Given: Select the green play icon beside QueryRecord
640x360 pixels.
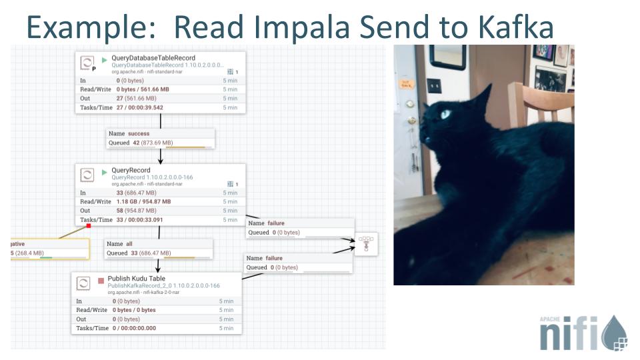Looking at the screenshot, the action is click(x=104, y=171).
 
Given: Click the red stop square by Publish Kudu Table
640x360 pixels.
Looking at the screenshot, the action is click(x=101, y=281).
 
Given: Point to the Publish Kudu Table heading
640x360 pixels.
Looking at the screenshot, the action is click(x=137, y=279).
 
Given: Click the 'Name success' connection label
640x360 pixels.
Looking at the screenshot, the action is click(x=129, y=133).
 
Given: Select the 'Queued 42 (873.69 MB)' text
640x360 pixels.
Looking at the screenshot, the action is click(x=141, y=143).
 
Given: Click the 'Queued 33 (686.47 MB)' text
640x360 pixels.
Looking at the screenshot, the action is click(x=139, y=253).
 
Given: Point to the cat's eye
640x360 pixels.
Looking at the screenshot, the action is click(x=445, y=114).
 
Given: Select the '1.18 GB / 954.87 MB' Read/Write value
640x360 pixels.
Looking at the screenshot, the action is click(x=143, y=201).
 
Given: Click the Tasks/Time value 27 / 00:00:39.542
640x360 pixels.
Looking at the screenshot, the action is click(x=139, y=107).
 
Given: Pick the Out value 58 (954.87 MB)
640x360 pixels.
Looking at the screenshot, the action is click(x=142, y=211).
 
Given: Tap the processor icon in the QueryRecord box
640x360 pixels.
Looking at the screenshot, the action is click(x=87, y=175).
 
